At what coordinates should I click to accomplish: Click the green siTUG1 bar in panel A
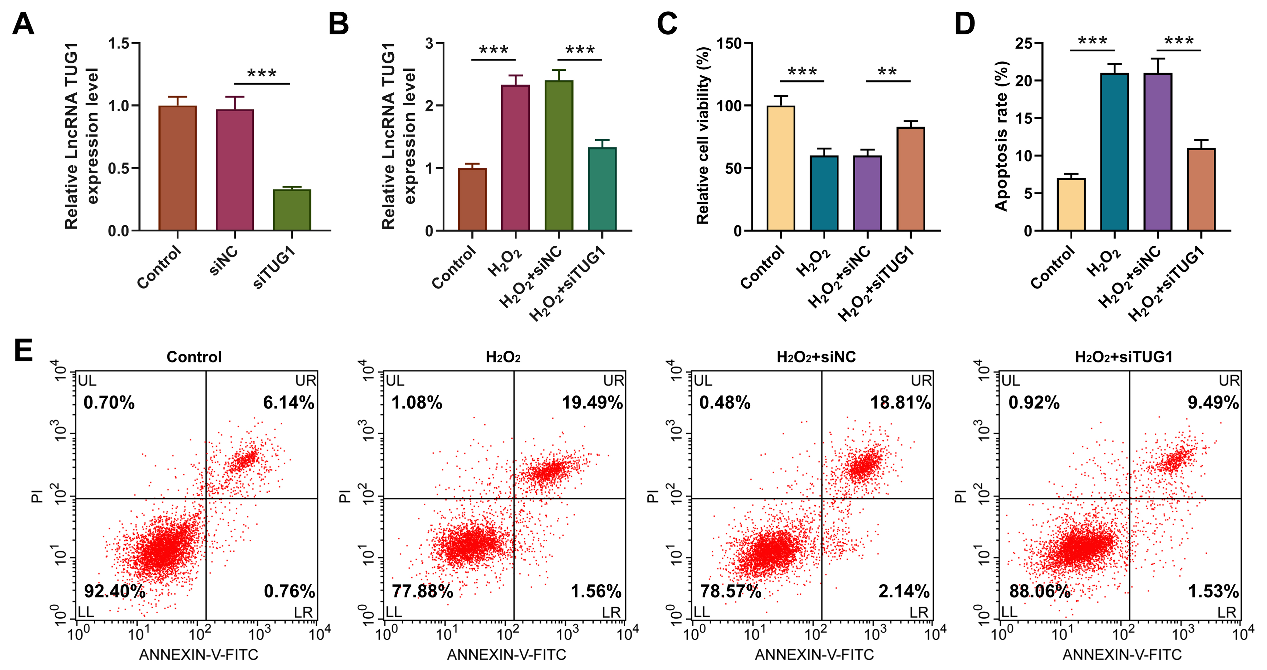[x=292, y=210]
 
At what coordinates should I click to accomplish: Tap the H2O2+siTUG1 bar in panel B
[x=602, y=189]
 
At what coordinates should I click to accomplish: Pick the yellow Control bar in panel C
[x=781, y=168]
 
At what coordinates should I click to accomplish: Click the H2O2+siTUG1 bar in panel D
[x=1201, y=189]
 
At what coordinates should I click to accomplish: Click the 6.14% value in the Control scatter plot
[x=288, y=403]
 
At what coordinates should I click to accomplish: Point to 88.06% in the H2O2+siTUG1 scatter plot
[x=1039, y=591]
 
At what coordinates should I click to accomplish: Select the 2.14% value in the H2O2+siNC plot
[x=904, y=591]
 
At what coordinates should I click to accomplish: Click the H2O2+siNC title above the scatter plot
[x=816, y=357]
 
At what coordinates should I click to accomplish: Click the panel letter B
[x=339, y=24]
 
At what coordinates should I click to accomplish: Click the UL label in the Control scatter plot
[x=87, y=381]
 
